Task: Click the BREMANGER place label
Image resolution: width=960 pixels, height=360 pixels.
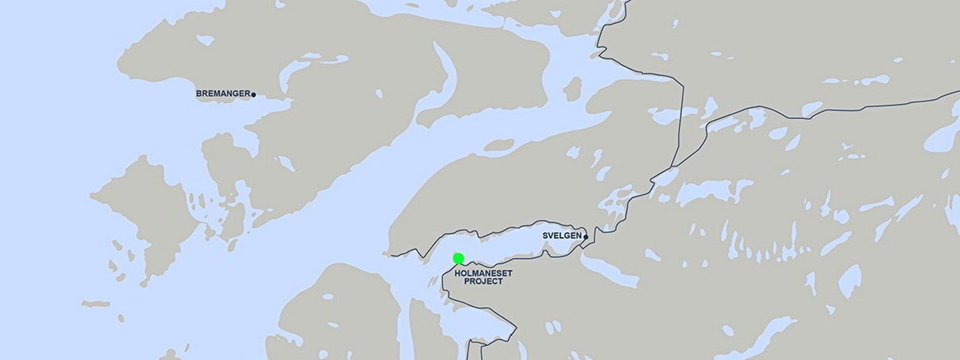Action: [223, 94]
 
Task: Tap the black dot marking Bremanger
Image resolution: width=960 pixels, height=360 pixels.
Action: [254, 94]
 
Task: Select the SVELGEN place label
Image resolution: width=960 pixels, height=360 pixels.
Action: [562, 236]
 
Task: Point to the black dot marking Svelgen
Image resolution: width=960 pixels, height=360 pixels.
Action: [586, 236]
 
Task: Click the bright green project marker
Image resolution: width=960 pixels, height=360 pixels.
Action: [458, 259]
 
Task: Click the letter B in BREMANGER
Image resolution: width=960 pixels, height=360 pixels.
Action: [199, 94]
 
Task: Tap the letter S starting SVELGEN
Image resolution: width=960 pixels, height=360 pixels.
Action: [544, 236]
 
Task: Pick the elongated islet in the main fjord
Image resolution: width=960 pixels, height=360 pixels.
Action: [501, 145]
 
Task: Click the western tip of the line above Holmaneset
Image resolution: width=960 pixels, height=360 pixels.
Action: [392, 256]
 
